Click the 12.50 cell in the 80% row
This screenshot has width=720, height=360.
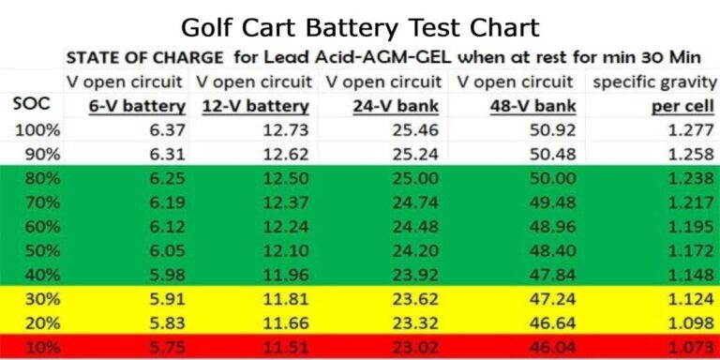coord(283,174)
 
